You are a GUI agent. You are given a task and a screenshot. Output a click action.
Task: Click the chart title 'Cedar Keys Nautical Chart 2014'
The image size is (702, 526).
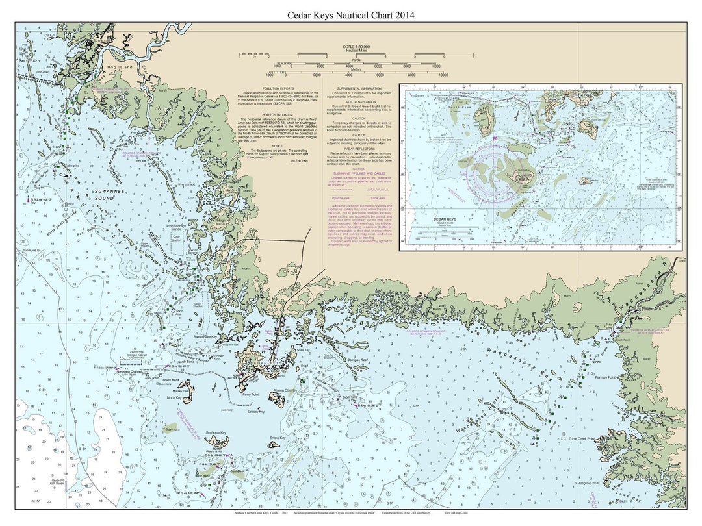351,15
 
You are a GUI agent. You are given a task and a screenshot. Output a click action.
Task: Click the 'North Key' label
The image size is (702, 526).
174,397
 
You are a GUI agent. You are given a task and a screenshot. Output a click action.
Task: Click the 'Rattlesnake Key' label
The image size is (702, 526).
183,336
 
